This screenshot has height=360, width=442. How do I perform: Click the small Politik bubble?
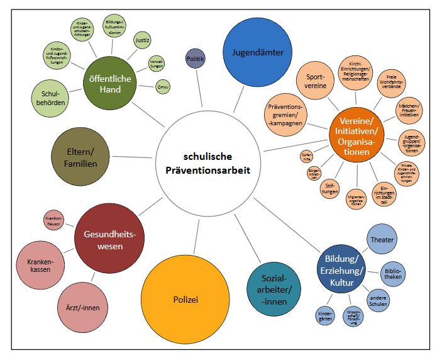[x=195, y=59]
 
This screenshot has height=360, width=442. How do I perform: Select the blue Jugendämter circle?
[x=254, y=52]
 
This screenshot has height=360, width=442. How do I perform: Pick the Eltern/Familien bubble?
[x=82, y=157]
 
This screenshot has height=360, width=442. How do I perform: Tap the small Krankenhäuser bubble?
[x=54, y=220]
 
